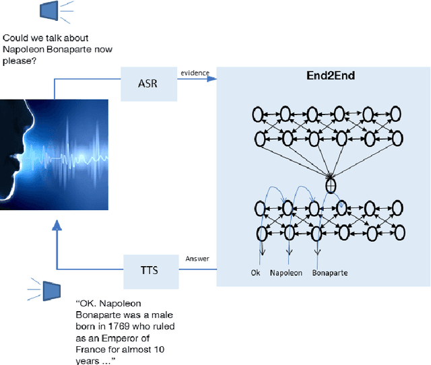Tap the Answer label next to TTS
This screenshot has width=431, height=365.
[197, 258]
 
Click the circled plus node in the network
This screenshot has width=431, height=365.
[331, 182]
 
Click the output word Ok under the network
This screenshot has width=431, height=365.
[255, 273]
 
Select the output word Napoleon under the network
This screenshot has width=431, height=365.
[286, 273]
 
